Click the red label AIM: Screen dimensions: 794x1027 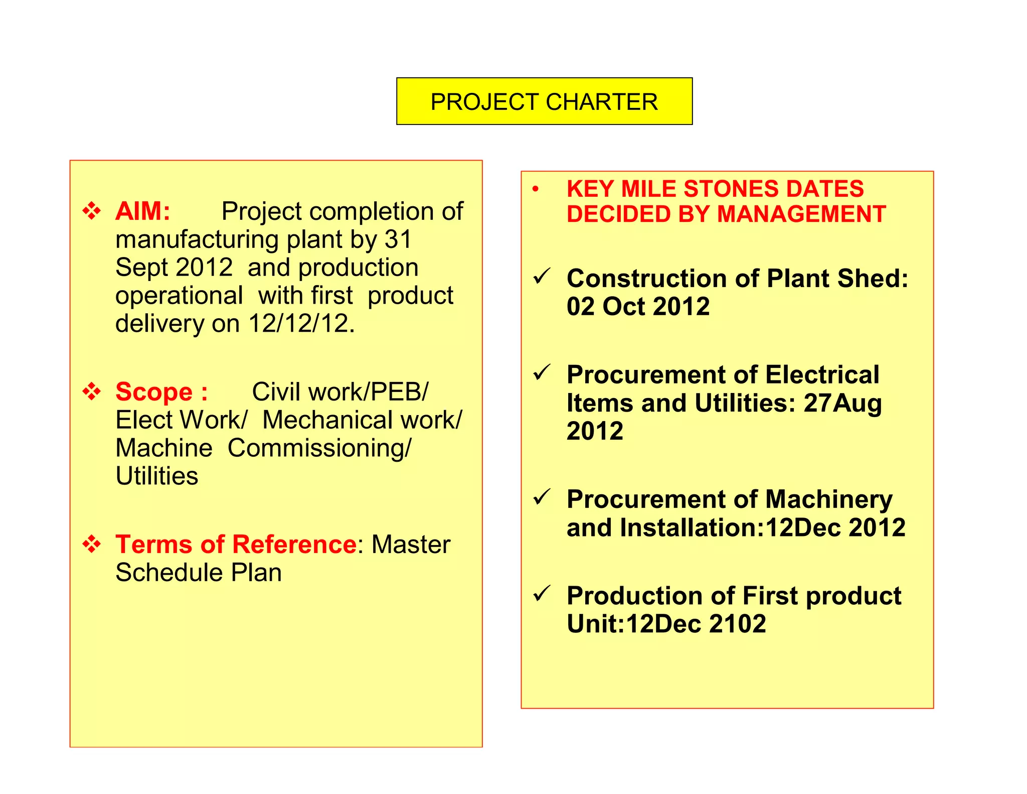pyautogui.click(x=143, y=211)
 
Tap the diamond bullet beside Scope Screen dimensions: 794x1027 pyautogui.click(x=92, y=391)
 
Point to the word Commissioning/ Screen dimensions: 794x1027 pyautogui.click(x=319, y=448)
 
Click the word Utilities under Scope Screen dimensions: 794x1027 pyautogui.click(x=157, y=476)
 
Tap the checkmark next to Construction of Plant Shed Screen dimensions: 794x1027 pyautogui.click(x=542, y=276)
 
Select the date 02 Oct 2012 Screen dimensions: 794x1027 pyautogui.click(x=638, y=307)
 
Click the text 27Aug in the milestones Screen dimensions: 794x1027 pyautogui.click(x=842, y=404)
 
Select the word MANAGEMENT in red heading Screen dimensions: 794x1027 pyautogui.click(x=801, y=215)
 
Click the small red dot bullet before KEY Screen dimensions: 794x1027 pyautogui.click(x=536, y=189)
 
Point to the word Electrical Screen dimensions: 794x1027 pyautogui.click(x=822, y=375)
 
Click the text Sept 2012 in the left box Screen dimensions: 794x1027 pyautogui.click(x=174, y=268)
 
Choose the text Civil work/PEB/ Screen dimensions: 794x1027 pyautogui.click(x=340, y=392)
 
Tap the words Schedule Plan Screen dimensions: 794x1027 pyautogui.click(x=199, y=573)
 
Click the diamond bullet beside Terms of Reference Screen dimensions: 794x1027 pyautogui.click(x=92, y=544)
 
